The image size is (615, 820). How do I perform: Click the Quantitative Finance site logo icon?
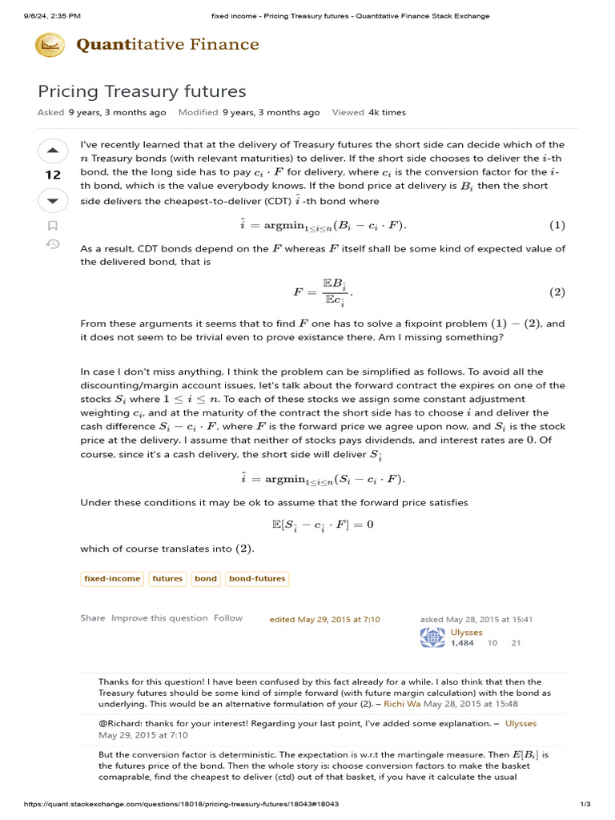click(50, 45)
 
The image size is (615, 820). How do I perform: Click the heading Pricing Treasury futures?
click(142, 91)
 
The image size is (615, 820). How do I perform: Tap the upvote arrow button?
click(53, 151)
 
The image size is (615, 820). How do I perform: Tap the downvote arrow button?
click(53, 200)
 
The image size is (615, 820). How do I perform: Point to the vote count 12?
click(53, 175)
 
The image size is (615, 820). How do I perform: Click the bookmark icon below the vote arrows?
click(53, 226)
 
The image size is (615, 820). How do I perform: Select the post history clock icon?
click(53, 244)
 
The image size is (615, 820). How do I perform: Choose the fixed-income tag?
click(112, 578)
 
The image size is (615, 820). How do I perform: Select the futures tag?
click(167, 578)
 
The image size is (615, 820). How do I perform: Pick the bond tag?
click(206, 578)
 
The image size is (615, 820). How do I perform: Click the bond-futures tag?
click(256, 578)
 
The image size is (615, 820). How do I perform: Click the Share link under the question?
click(92, 618)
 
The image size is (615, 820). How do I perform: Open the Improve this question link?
click(159, 618)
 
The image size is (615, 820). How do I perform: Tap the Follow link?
click(227, 618)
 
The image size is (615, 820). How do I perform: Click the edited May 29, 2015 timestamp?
click(324, 620)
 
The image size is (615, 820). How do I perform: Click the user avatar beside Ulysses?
click(432, 637)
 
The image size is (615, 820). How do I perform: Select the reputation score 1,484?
click(462, 643)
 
